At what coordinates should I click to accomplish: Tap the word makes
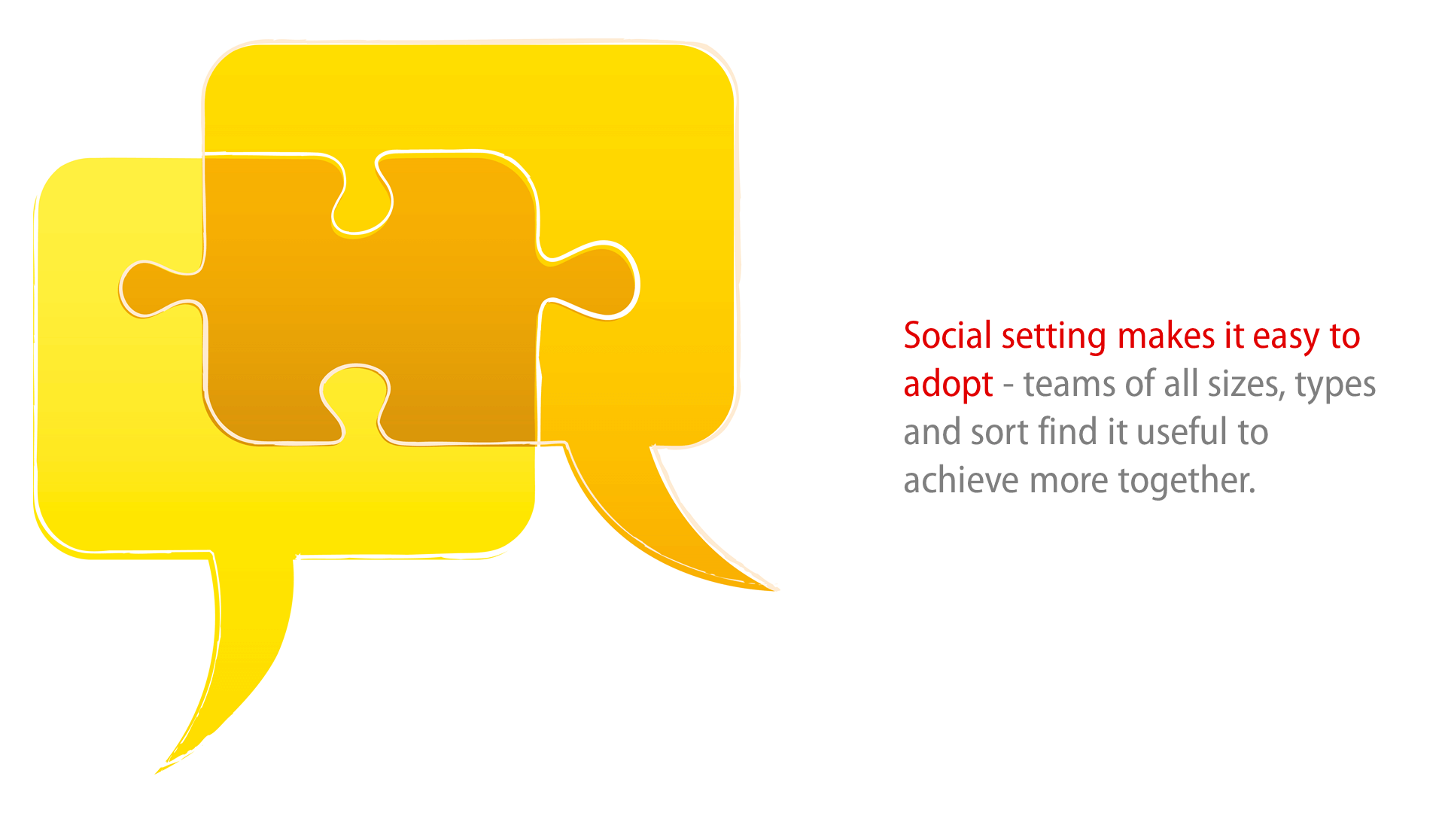[x=1167, y=336]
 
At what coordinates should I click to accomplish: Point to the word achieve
[x=961, y=480]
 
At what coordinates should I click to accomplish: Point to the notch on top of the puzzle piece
[x=362, y=197]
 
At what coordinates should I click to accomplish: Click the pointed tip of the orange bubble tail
[x=777, y=590]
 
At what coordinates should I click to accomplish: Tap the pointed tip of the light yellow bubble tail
[x=157, y=772]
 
